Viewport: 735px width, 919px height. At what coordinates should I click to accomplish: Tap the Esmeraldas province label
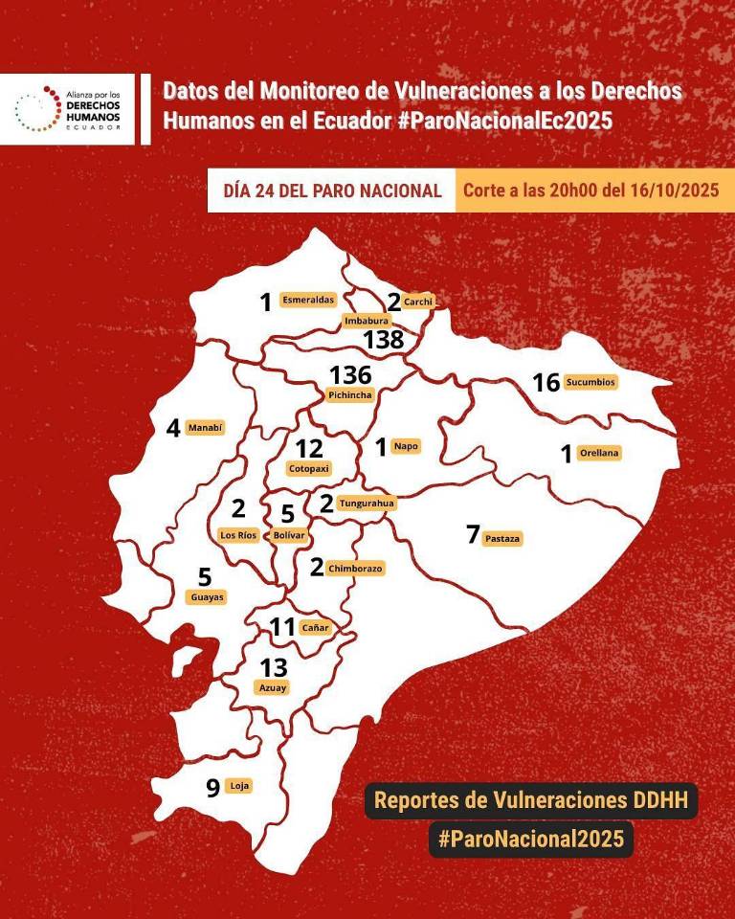click(308, 300)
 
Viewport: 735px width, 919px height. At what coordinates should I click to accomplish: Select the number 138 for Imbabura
click(383, 339)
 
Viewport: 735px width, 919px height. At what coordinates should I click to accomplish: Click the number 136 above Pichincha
click(349, 374)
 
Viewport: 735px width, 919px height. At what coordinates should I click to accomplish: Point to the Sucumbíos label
click(590, 382)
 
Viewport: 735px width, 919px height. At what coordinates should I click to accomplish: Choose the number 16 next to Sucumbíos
click(546, 383)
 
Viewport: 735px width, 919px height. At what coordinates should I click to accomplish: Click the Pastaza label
click(502, 538)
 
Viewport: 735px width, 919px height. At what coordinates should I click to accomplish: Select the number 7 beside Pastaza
click(472, 535)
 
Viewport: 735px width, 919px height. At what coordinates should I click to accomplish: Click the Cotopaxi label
click(308, 469)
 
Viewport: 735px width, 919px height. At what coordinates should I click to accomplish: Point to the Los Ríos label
click(238, 535)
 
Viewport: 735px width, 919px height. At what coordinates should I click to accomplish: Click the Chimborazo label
click(355, 569)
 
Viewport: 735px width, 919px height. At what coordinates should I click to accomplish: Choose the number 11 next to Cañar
click(282, 628)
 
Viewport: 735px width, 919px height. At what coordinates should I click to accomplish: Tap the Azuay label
click(272, 687)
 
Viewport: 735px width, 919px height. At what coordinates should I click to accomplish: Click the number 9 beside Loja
click(212, 788)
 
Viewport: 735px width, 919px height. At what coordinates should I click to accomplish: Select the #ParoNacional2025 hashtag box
click(531, 839)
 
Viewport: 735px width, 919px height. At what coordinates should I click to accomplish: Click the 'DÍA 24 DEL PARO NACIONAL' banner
click(332, 191)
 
